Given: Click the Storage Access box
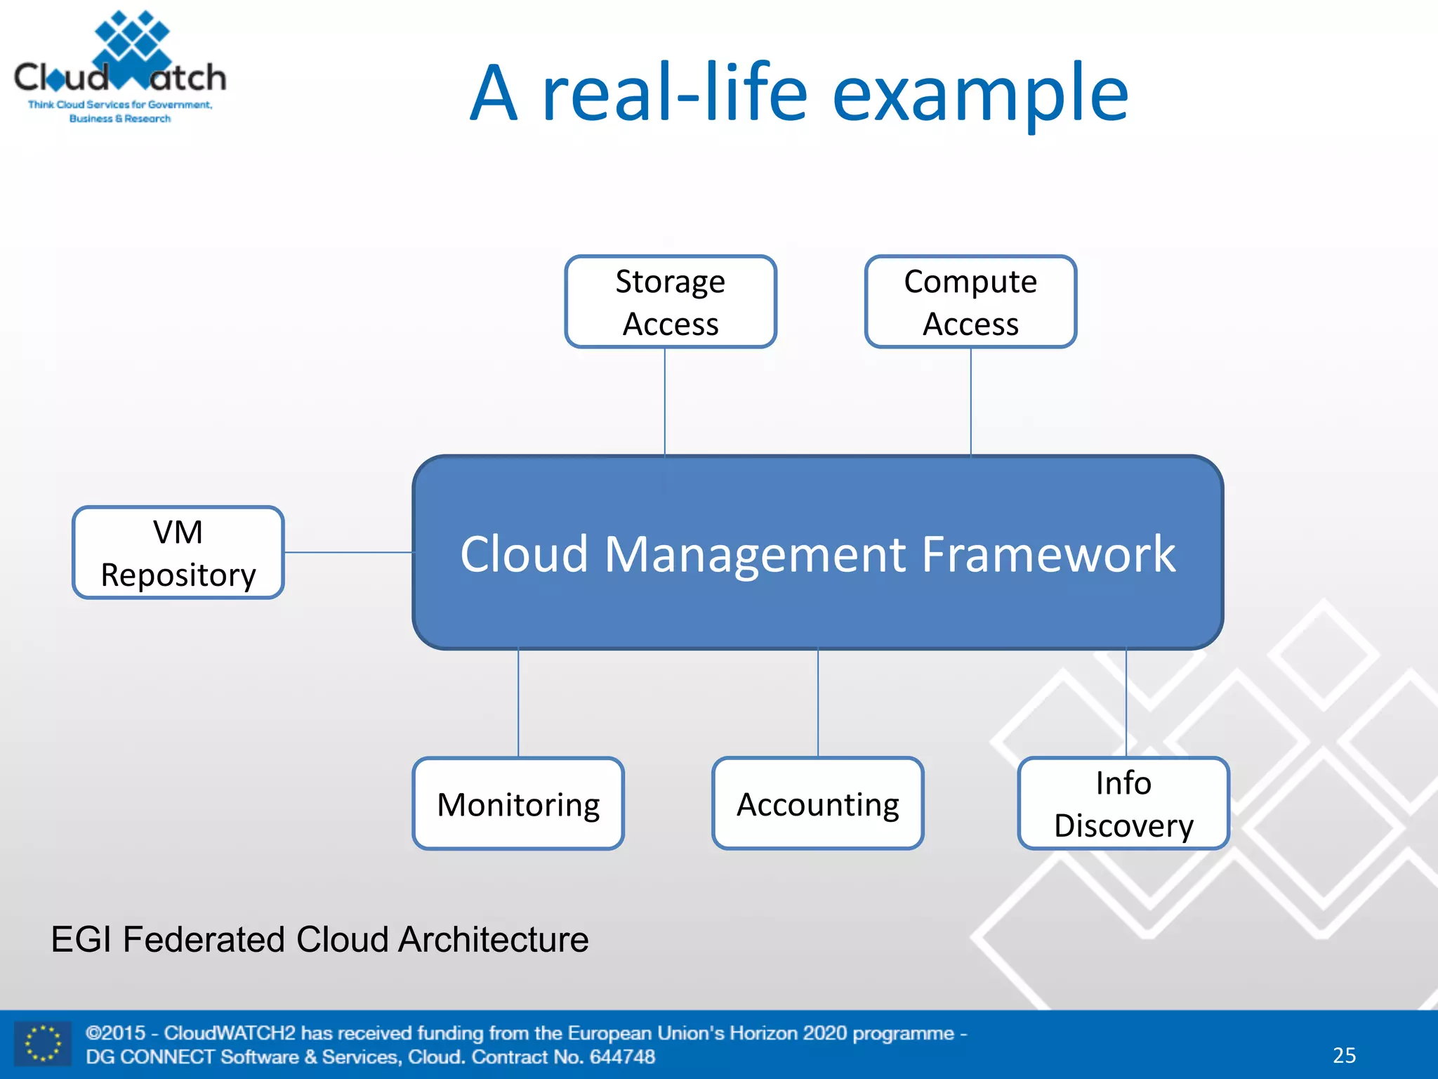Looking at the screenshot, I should tap(671, 302).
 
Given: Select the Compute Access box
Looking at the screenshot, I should tap(970, 302).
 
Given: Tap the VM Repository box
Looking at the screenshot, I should tap(178, 553).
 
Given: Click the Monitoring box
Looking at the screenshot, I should tap(518, 804).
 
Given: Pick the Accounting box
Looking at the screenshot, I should tap(817, 804).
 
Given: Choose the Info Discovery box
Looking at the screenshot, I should tap(1123, 804).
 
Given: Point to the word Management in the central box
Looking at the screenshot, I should tap(755, 554).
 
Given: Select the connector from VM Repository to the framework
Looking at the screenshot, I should tap(348, 552).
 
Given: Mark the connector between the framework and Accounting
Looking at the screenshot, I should tap(818, 702).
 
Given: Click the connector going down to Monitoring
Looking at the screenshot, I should tap(518, 702).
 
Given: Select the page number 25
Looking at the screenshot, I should tap(1344, 1055).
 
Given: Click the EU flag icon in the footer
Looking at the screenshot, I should tap(43, 1043).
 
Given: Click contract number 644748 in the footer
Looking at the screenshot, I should tap(622, 1057).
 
